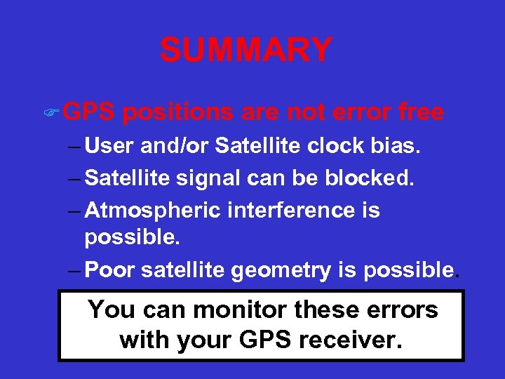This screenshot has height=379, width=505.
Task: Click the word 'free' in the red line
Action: coord(420,112)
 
